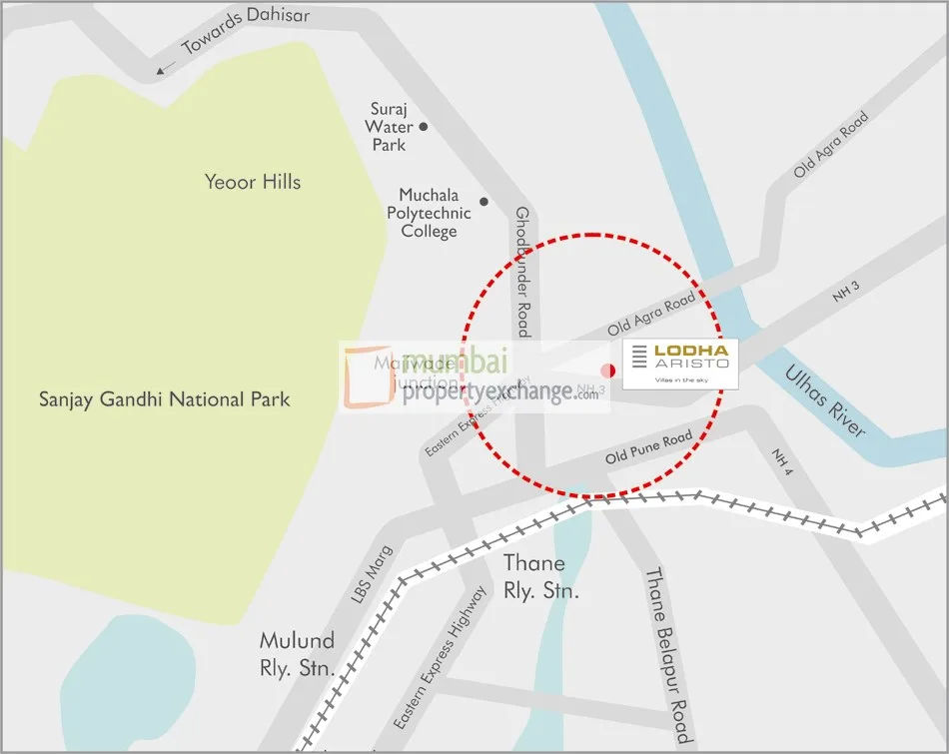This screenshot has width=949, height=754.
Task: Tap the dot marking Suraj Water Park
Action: coord(424,127)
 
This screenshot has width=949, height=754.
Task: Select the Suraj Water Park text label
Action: coord(389,127)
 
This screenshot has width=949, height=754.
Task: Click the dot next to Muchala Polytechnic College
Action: coord(483,202)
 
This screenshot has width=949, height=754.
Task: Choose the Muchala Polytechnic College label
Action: coord(429,213)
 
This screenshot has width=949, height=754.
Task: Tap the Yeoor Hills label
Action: coord(252,182)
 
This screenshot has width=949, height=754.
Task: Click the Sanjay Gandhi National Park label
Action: coord(164,399)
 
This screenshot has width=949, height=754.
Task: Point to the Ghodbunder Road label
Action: coord(521,271)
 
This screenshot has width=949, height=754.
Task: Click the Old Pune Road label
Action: coord(648,448)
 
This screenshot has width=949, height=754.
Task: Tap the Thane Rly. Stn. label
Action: coord(539,577)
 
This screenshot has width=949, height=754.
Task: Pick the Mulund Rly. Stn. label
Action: coord(297,654)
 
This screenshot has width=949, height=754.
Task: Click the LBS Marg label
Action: coord(373,574)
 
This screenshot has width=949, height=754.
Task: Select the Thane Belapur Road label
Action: coord(666,655)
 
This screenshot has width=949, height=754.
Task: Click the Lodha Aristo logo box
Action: coord(680,364)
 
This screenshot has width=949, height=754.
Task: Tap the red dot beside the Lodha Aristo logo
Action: coord(607,371)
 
